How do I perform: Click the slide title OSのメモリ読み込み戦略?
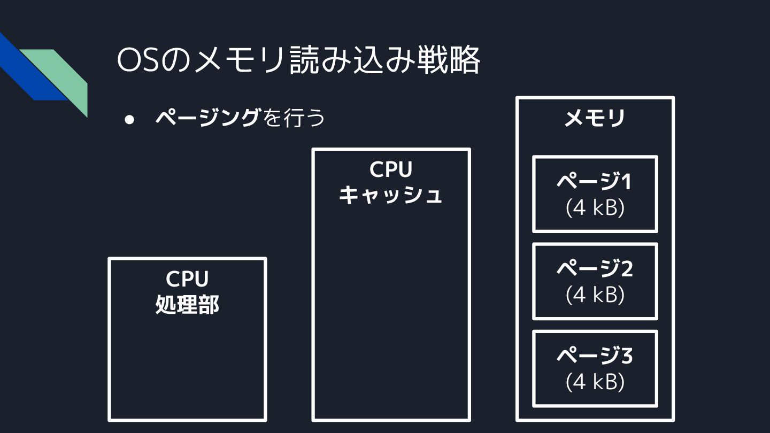298,61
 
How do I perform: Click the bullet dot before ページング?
129,119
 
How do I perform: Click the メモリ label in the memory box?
595,118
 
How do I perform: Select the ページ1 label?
594,182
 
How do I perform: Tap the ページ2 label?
595,268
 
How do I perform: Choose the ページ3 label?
595,355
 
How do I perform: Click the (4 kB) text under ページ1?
595,208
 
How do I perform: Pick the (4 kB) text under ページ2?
595,295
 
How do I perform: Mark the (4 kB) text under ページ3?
595,382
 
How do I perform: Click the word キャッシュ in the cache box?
391,195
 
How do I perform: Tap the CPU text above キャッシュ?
391,170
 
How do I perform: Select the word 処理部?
187,305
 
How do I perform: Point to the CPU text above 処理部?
187,279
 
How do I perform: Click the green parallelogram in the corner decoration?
61,75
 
